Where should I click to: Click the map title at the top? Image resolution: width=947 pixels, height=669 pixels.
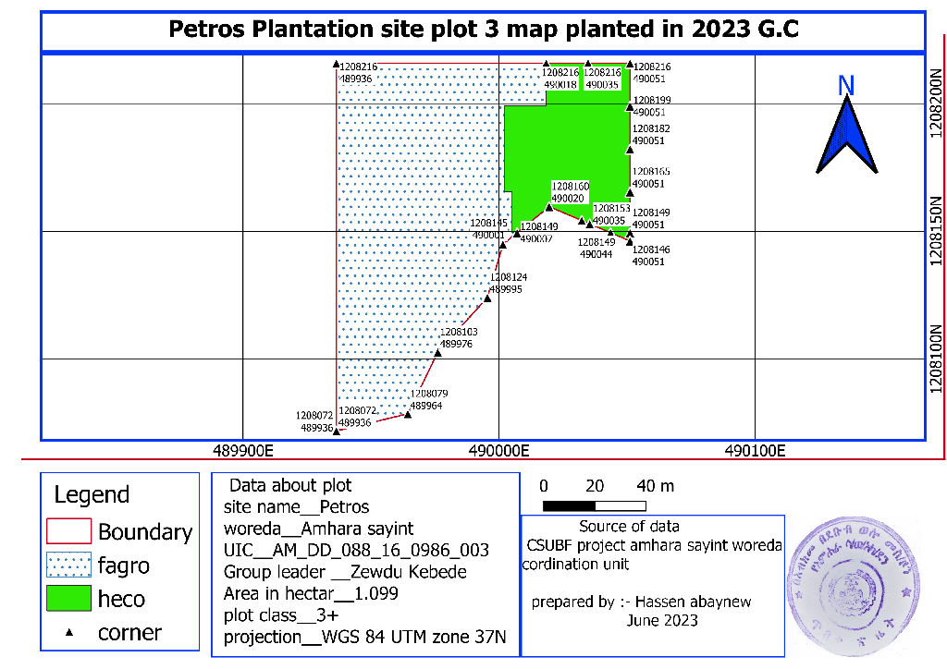point(483,30)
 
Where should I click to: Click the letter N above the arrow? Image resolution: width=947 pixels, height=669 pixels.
point(845,86)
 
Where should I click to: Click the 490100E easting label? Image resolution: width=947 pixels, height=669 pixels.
point(755,452)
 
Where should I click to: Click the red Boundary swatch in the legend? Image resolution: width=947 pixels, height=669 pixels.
point(68,531)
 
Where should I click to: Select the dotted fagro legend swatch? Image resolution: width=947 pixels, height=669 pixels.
point(68,565)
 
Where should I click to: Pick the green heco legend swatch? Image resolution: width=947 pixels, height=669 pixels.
point(68,599)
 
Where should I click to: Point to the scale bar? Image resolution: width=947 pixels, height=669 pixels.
point(594,505)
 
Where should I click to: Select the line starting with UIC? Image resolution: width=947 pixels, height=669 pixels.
point(356,551)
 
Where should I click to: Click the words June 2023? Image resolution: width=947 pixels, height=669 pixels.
point(662,621)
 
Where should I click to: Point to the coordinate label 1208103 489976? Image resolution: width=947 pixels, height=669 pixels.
point(458,337)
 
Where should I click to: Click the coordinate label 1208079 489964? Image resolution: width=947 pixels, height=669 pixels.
point(428,399)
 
